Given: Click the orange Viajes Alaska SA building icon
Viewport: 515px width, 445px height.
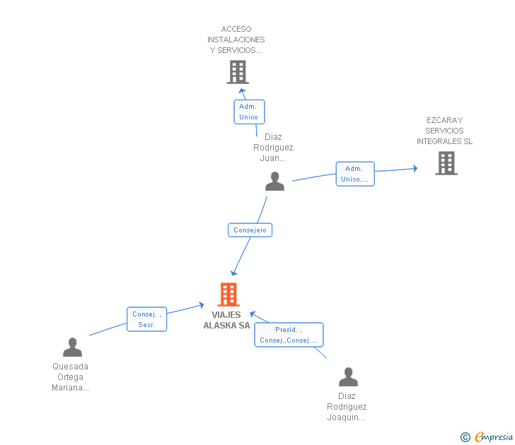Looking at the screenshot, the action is [x=228, y=295].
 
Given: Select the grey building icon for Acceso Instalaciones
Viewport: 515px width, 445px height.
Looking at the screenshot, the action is [x=238, y=72].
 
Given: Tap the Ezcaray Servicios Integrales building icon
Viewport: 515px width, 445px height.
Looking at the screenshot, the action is [x=446, y=163].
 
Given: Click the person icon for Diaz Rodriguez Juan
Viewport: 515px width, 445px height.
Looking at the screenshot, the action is [x=274, y=182].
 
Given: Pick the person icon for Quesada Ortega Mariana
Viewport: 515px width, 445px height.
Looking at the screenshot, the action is [x=72, y=348].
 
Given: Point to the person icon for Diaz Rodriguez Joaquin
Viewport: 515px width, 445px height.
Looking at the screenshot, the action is [x=348, y=376].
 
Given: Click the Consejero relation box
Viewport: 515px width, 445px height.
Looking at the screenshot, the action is [x=250, y=230].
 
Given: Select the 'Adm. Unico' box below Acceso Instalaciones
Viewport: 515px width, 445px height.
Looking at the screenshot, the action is [x=249, y=112].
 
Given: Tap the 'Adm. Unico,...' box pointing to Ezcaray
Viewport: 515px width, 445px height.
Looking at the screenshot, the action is [x=355, y=174].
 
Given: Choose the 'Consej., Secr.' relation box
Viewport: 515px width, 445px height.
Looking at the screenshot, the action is [x=147, y=319].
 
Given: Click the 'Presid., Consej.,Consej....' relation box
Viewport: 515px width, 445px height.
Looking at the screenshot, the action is [x=289, y=335].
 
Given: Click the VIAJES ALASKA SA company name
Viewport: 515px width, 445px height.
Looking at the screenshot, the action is [x=226, y=320].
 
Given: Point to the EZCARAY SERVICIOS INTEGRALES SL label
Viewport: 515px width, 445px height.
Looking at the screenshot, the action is [x=444, y=131].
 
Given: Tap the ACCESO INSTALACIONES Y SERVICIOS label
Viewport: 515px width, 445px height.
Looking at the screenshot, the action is [x=236, y=40].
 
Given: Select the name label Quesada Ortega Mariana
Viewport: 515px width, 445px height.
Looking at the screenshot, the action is [x=70, y=376].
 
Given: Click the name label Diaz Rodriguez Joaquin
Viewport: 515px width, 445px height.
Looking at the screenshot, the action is [x=347, y=407].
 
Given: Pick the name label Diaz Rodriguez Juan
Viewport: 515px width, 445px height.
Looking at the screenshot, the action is [x=273, y=147].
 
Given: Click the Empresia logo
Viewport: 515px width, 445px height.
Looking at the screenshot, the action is [x=487, y=437].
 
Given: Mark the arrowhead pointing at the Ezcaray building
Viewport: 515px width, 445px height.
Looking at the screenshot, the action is [x=415, y=169].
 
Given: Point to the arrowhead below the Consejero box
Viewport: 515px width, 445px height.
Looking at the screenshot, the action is [x=233, y=273].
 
